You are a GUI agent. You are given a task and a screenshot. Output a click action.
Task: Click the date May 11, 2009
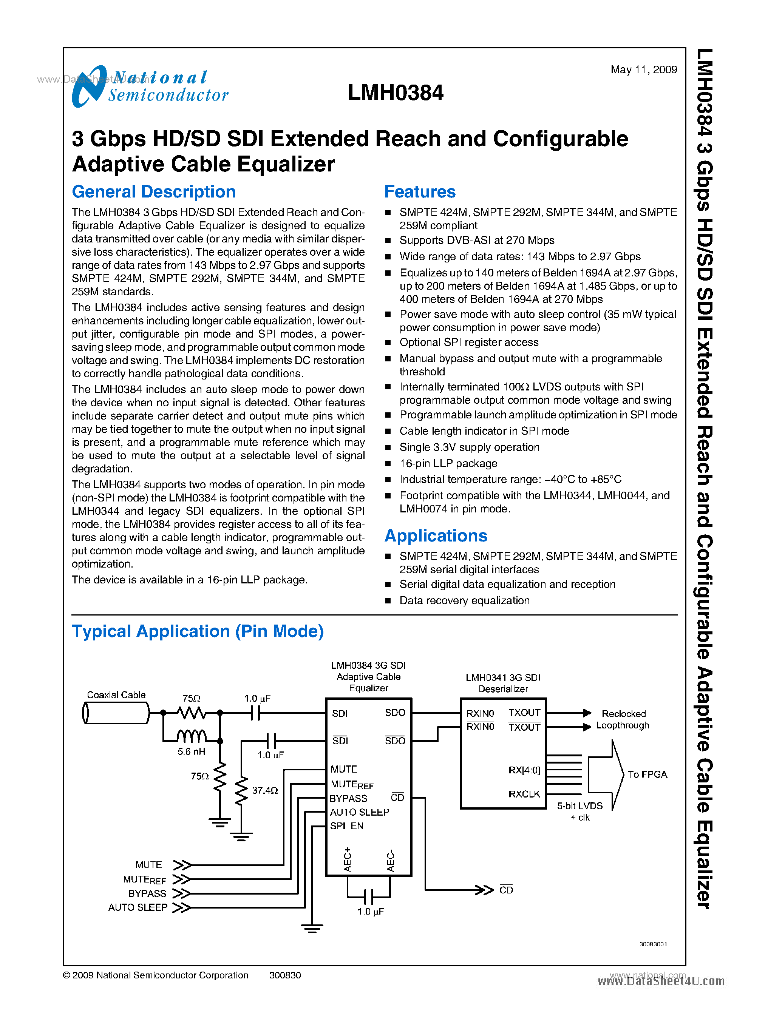pyautogui.click(x=643, y=70)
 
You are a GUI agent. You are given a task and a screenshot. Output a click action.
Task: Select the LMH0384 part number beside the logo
pyautogui.click(x=395, y=93)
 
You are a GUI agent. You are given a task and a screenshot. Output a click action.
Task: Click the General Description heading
pyautogui.click(x=153, y=192)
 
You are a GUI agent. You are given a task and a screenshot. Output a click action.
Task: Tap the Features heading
pyautogui.click(x=419, y=192)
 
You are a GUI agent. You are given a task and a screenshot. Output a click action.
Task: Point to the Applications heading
pyautogui.click(x=436, y=536)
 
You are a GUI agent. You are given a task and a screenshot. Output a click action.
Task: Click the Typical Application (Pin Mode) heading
pyautogui.click(x=198, y=631)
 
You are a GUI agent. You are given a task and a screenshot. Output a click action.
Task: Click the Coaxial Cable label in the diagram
pyautogui.click(x=116, y=695)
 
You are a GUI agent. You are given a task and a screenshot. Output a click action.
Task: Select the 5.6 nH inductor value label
pyautogui.click(x=191, y=751)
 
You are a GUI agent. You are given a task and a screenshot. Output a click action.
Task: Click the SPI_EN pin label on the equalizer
pyautogui.click(x=347, y=826)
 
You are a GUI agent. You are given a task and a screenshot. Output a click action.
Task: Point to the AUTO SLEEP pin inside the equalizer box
pyautogui.click(x=359, y=812)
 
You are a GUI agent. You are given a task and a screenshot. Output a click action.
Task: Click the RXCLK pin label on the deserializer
pyautogui.click(x=524, y=794)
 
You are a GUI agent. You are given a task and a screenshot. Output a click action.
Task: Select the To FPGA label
pyautogui.click(x=647, y=774)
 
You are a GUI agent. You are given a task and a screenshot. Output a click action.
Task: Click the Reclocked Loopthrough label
pyautogui.click(x=623, y=719)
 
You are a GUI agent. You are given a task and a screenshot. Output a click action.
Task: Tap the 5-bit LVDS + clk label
pyautogui.click(x=580, y=811)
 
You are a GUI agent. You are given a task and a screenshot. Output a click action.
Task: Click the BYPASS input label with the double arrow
pyautogui.click(x=147, y=893)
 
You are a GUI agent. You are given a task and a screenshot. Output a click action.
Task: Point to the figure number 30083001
pyautogui.click(x=653, y=944)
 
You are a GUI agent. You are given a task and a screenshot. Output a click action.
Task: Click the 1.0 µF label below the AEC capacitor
pyautogui.click(x=371, y=912)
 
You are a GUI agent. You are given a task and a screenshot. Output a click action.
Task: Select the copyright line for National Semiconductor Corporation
pyautogui.click(x=156, y=975)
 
